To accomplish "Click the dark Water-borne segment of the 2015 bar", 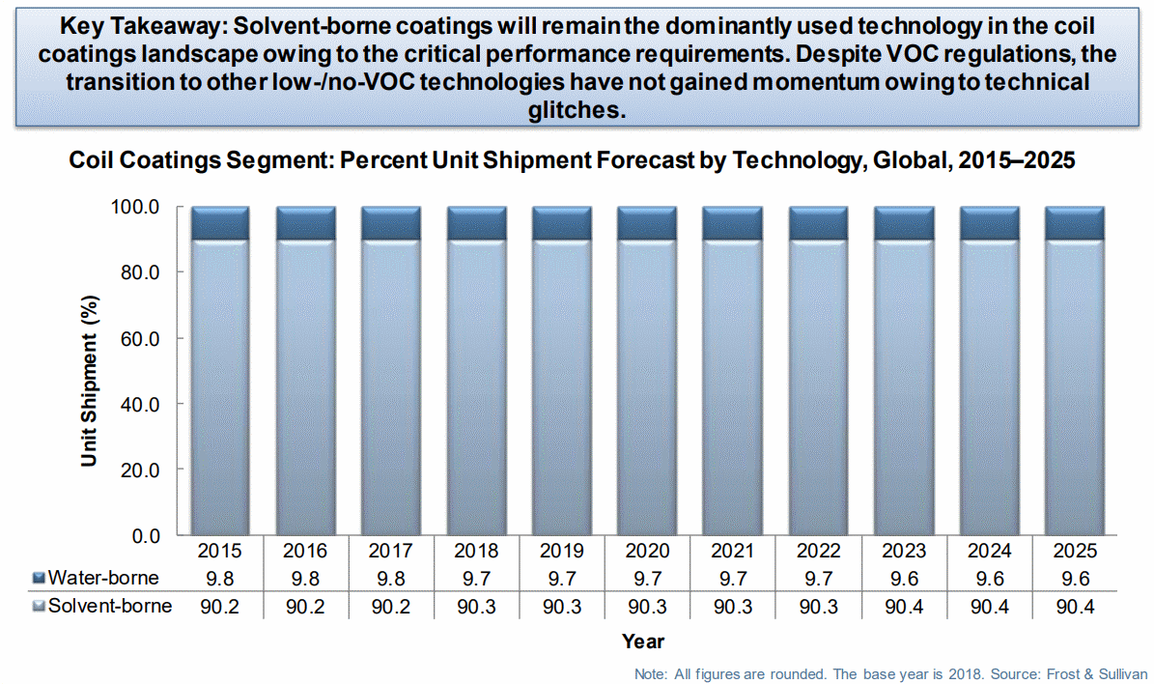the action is tap(220, 223).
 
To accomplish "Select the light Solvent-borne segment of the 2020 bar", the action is tap(647, 387).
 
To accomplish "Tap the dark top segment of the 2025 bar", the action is tap(1075, 223).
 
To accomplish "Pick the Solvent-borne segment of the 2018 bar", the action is tap(477, 387).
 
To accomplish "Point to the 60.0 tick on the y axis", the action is tap(140, 339).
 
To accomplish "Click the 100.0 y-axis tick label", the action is tap(135, 207).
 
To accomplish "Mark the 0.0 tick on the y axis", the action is tap(146, 536).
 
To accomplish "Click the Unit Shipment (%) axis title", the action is tap(89, 381).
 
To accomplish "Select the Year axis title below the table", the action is tap(643, 641).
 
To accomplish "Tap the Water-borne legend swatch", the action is tap(39, 578).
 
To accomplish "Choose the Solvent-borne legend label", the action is tap(110, 606).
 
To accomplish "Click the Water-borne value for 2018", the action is tap(477, 579).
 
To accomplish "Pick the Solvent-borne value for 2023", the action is tap(904, 607).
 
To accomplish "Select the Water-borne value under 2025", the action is tap(1075, 579).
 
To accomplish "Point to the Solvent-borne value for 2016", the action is tap(305, 607).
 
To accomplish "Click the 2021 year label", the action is tap(733, 551).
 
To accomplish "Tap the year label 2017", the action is tap(391, 551).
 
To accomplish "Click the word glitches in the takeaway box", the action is tap(577, 110).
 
